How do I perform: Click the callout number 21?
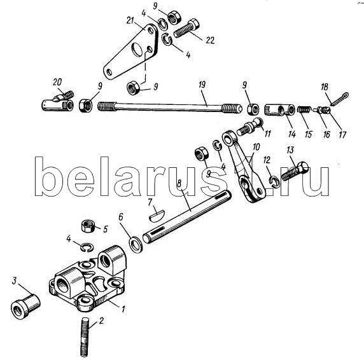[x=130, y=20]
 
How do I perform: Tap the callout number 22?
[x=210, y=40]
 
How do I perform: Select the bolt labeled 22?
[x=186, y=29]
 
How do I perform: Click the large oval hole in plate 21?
[x=137, y=49]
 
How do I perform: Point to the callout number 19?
[x=202, y=85]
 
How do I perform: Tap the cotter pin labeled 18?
[x=339, y=99]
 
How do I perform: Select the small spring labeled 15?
[x=304, y=109]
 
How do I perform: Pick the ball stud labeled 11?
[x=250, y=127]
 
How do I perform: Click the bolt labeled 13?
[x=295, y=171]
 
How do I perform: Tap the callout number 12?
[x=267, y=160]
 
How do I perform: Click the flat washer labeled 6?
[x=136, y=244]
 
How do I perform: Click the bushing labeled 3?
[x=25, y=306]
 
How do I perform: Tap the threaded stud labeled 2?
[x=84, y=337]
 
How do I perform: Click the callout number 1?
[x=123, y=308]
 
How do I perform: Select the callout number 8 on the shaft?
[x=179, y=177]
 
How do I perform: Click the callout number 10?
[x=256, y=147]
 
